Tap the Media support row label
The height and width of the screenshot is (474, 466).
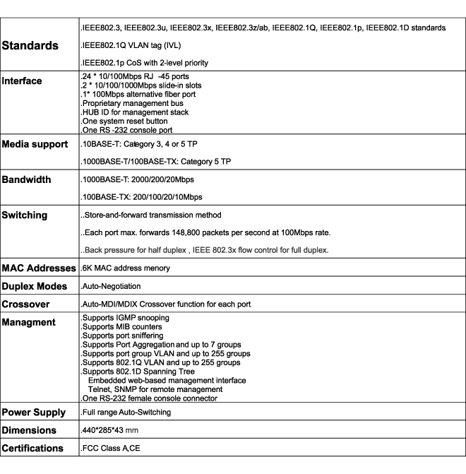39,146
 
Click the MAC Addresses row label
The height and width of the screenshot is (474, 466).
40,268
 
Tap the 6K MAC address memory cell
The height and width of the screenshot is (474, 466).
129,269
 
